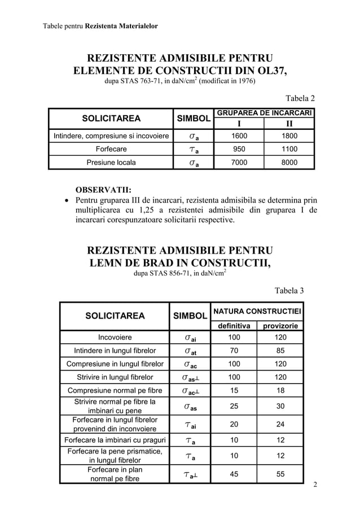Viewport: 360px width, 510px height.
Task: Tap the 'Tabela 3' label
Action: [x=288, y=291]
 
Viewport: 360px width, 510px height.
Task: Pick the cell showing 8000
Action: [x=290, y=162]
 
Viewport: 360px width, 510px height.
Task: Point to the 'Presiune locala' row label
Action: [x=111, y=162]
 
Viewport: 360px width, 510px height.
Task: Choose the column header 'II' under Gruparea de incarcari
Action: [x=290, y=123]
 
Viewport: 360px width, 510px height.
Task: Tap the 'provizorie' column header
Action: [x=280, y=326]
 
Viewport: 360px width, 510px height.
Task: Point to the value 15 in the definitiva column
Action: [x=232, y=390]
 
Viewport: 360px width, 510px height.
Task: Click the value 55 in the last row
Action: [x=280, y=474]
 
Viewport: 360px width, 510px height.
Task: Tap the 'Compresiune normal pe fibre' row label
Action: [x=115, y=390]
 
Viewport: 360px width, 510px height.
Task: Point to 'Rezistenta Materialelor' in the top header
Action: [x=122, y=26]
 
